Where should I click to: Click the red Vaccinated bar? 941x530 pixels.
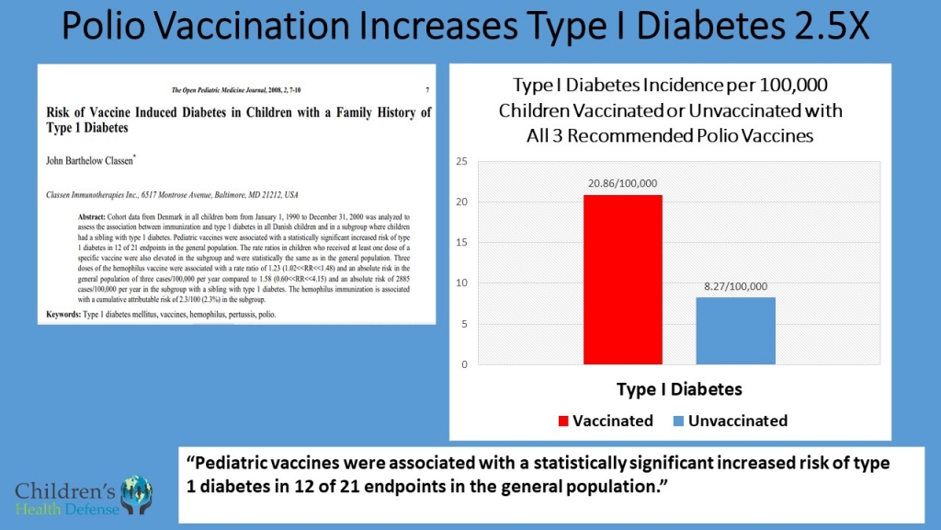pos(622,280)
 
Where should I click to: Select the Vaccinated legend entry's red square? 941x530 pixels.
pos(564,421)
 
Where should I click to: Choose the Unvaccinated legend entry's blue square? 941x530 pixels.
pos(678,421)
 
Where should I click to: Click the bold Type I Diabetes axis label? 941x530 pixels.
pos(678,389)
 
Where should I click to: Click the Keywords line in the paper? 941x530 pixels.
pos(161,315)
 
